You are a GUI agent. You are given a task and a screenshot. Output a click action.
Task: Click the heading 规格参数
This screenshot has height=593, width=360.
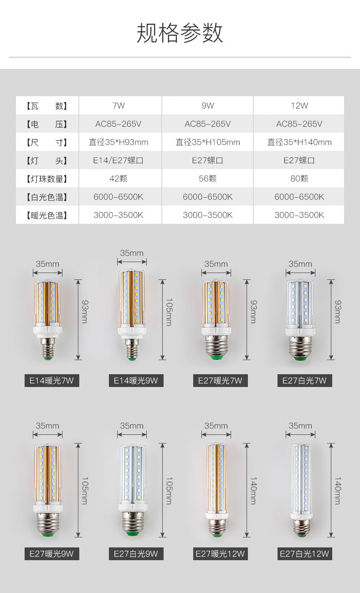[x=180, y=33]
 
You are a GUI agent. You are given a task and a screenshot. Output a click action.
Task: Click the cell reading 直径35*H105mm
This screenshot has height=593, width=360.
[x=208, y=142]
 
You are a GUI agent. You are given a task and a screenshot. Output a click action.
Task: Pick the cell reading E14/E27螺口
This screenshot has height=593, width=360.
[x=118, y=160]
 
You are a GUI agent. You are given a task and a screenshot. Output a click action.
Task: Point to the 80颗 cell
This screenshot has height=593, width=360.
[x=299, y=179]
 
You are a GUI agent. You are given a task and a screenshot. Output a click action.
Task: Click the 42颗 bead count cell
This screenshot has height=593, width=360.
[x=118, y=179]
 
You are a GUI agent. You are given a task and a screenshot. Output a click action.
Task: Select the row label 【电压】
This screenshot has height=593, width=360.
[x=47, y=124]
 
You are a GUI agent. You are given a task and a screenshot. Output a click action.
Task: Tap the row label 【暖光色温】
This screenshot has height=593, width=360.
[x=47, y=215]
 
